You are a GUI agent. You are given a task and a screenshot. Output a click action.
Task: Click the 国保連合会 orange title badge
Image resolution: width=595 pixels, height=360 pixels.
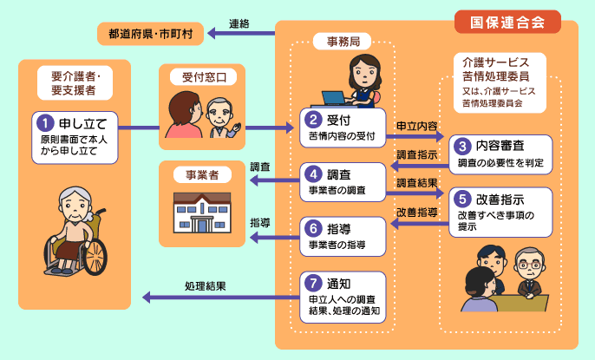tap(507, 22)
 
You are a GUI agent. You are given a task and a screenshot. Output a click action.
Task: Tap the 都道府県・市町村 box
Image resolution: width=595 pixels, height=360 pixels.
tap(150, 35)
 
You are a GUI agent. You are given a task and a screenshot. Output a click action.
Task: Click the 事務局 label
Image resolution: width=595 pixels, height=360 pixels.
tap(343, 41)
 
